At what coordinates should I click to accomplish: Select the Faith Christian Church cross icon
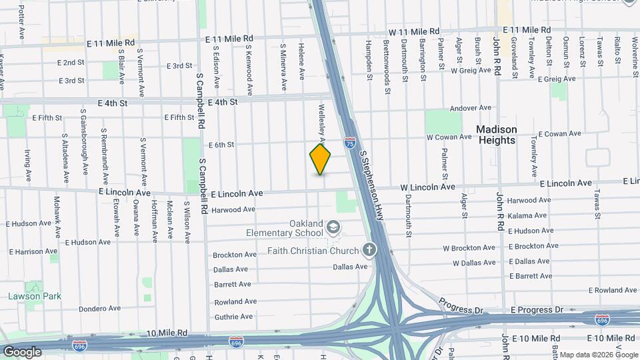pyautogui.click(x=369, y=250)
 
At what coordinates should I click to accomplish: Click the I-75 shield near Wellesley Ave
pyautogui.click(x=350, y=142)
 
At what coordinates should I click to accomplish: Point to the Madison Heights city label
pyautogui.click(x=497, y=135)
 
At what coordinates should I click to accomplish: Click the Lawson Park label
pyautogui.click(x=31, y=296)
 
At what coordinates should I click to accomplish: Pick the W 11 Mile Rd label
pyautogui.click(x=415, y=31)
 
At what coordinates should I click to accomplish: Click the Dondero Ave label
pyautogui.click(x=99, y=309)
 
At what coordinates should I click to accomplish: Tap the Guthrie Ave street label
pyautogui.click(x=233, y=317)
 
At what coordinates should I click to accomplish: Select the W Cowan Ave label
pyautogui.click(x=449, y=137)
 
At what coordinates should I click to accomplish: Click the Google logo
pyautogui.click(x=23, y=351)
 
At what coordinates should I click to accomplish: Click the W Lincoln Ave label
pyautogui.click(x=427, y=187)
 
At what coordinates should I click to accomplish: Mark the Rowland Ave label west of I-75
pyautogui.click(x=235, y=301)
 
